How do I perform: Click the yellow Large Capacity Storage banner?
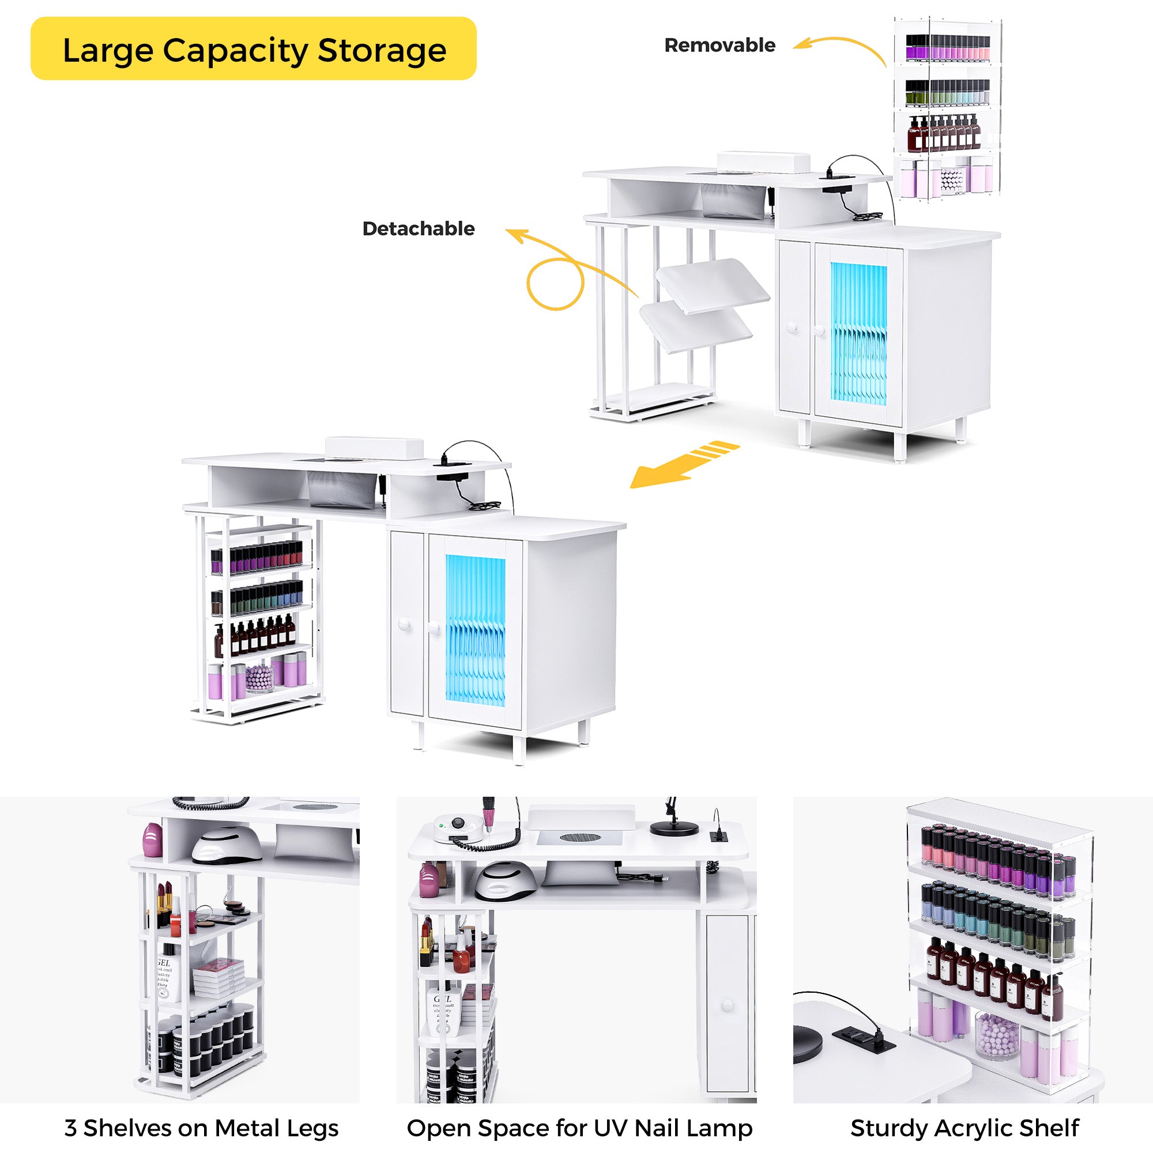click(x=253, y=49)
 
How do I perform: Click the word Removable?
click(x=719, y=46)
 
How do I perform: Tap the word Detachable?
click(x=419, y=228)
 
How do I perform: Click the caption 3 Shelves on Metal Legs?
click(x=201, y=1128)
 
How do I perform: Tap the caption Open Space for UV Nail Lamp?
click(x=579, y=1128)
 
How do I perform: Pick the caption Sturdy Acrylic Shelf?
click(x=964, y=1128)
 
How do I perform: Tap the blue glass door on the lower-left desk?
click(x=475, y=630)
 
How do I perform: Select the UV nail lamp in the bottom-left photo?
click(x=227, y=843)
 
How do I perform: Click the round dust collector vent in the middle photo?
click(x=578, y=837)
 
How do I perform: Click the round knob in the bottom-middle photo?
click(x=727, y=1005)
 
